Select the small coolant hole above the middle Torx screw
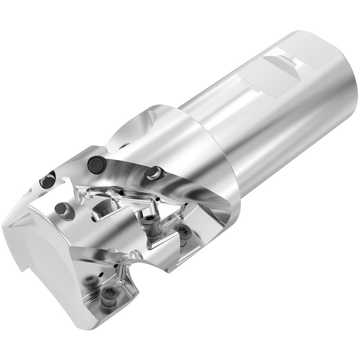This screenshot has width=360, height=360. pyautogui.click(x=157, y=198)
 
